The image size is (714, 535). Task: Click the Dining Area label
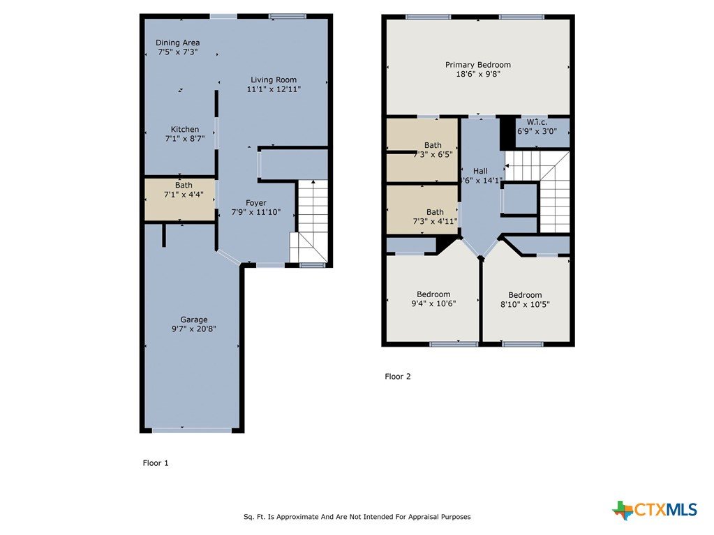click(177, 43)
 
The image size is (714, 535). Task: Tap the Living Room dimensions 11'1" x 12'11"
click(274, 89)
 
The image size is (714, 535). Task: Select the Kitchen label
click(185, 129)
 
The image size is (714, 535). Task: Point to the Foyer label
click(256, 203)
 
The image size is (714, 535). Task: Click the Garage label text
click(194, 320)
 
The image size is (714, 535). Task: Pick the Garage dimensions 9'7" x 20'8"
click(194, 329)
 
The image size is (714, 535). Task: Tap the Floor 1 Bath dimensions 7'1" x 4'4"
click(184, 195)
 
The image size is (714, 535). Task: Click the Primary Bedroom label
click(478, 65)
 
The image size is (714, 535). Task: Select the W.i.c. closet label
click(537, 122)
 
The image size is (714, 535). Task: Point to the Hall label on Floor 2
click(480, 171)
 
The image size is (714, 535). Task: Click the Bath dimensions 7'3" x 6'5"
click(433, 155)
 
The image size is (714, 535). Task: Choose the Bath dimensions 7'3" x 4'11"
click(435, 222)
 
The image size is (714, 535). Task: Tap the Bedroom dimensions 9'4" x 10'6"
click(433, 303)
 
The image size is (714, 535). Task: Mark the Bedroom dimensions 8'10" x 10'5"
click(525, 304)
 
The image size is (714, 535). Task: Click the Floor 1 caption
click(156, 463)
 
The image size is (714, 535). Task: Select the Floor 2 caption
click(398, 377)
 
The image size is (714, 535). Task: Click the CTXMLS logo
click(655, 510)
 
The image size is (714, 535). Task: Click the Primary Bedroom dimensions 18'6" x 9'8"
click(478, 74)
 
